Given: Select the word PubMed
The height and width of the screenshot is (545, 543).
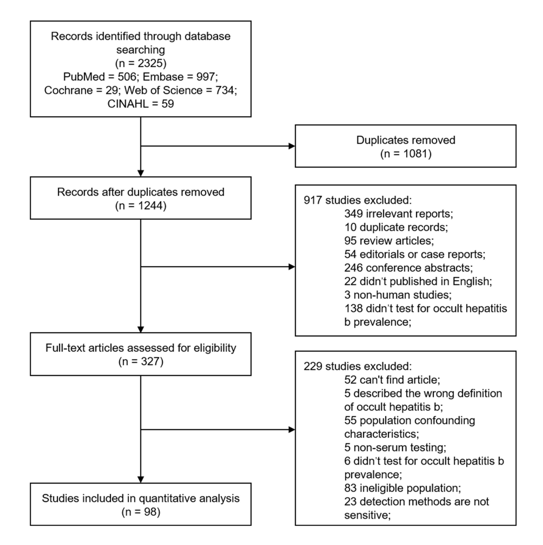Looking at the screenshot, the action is coord(84,77).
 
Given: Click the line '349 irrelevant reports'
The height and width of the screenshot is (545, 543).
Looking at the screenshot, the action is coord(398,214).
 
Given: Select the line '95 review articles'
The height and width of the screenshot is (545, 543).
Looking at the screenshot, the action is coord(389,241).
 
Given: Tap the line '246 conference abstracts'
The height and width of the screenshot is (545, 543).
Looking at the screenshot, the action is coord(408,268).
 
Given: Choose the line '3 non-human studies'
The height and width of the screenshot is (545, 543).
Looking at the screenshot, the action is coord(398,295).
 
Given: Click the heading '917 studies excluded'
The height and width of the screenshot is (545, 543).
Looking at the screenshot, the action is coord(358,200).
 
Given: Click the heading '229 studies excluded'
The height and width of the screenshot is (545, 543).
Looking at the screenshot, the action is coord(358,366).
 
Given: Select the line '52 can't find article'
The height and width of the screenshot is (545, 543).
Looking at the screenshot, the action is coord(392,380).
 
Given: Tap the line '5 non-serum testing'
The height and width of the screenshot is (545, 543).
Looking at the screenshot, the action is coord(395,448).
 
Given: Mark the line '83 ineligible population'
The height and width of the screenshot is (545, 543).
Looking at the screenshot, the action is coord(403,489).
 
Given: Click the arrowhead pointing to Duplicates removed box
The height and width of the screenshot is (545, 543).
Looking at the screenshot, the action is coord(292,146).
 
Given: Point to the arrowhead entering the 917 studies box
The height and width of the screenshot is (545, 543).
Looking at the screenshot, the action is coord(292,267).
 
